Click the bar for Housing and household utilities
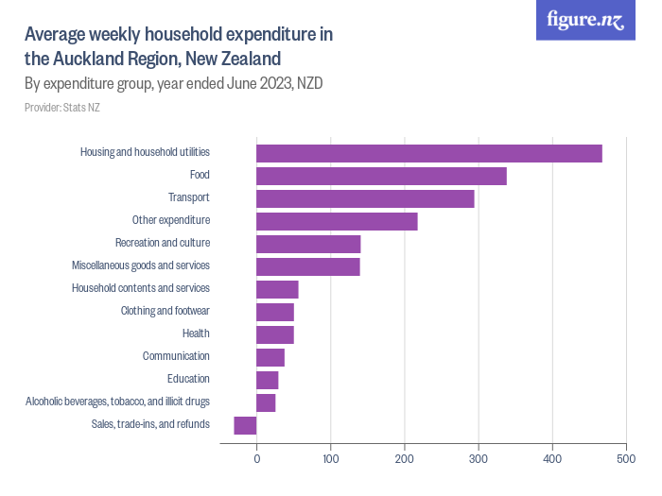[x=428, y=153]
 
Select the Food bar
[x=381, y=176]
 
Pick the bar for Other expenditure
[x=337, y=221]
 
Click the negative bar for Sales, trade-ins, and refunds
[x=245, y=425]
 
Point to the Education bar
[x=268, y=380]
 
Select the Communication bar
[x=270, y=357]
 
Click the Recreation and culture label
[x=162, y=243]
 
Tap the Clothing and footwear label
[x=165, y=311]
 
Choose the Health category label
[x=196, y=334]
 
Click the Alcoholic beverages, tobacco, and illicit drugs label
[x=117, y=402]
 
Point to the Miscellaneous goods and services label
[x=141, y=265]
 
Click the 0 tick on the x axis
[x=256, y=459]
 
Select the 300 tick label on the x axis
[x=478, y=459]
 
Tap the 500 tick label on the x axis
[x=625, y=459]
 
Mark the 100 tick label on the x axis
[x=330, y=459]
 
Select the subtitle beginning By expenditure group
[x=173, y=83]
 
